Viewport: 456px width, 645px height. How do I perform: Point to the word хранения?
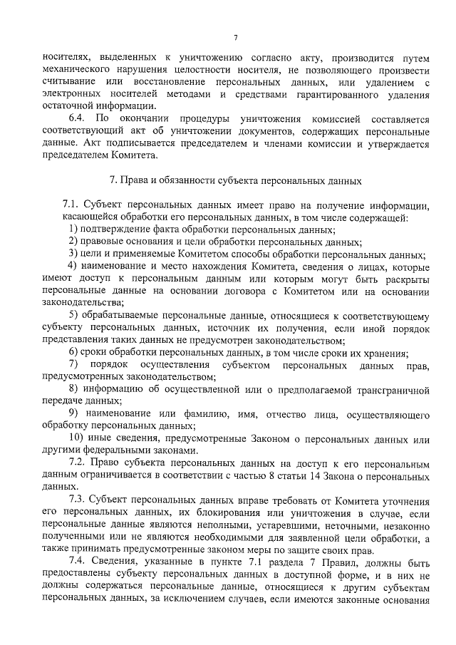coord(383,353)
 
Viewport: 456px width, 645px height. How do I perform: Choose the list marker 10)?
coord(76,438)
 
